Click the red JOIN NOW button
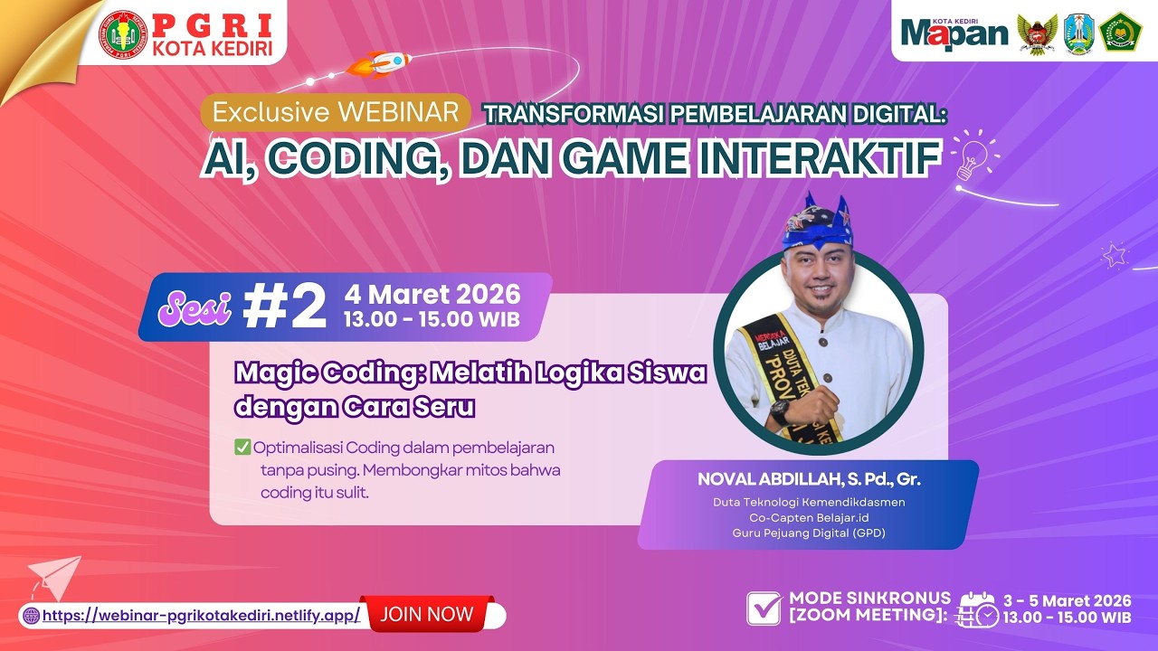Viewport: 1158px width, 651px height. (427, 615)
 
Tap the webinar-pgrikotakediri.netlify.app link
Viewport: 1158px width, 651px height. (201, 616)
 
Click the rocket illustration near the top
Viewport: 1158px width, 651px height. (380, 64)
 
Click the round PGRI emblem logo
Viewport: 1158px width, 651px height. (122, 34)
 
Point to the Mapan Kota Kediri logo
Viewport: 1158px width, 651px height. (954, 32)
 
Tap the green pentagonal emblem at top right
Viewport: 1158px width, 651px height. (1120, 32)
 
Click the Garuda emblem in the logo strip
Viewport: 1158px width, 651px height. (1037, 33)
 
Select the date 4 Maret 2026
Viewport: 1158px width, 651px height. (432, 294)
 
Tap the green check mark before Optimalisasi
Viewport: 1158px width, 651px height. (242, 447)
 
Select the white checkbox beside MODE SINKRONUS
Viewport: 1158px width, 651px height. (764, 609)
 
